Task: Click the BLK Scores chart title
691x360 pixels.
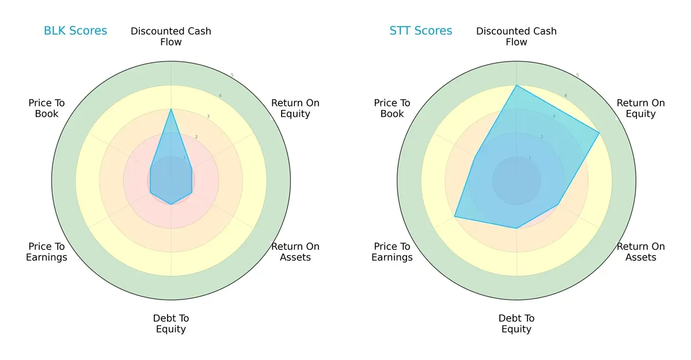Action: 75,31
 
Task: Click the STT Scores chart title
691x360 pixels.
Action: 421,31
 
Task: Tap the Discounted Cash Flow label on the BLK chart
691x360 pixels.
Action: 171,36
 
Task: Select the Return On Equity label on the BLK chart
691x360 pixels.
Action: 295,108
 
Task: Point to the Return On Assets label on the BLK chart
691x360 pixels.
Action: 295,252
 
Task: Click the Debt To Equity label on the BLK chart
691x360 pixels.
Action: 171,324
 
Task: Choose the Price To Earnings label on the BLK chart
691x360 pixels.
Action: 47,252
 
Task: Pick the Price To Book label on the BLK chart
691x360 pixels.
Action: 47,108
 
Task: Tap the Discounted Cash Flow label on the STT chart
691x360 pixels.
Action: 517,36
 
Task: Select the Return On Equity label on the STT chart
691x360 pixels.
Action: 641,108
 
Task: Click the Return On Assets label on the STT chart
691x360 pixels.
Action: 641,252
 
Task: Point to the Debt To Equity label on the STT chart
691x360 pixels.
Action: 517,324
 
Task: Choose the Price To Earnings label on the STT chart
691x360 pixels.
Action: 392,252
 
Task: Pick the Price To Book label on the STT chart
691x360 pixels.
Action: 392,108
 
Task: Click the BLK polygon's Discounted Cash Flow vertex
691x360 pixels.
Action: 171,109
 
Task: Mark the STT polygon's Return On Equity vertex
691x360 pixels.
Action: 599,133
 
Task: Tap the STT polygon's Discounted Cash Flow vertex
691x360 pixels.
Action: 517,85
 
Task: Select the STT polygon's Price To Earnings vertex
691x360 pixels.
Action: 454,217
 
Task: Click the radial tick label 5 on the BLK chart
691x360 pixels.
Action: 232,75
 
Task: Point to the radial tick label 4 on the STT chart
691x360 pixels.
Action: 565,96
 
